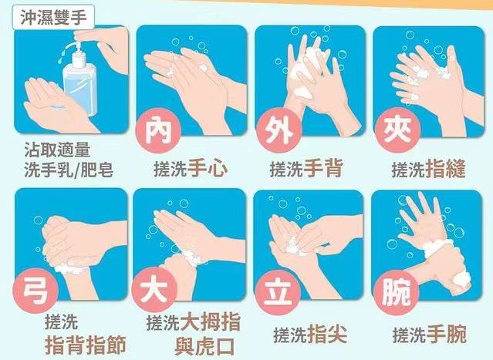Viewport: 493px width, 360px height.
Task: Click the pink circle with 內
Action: click(158, 130)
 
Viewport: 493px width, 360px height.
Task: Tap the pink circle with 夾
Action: click(397, 130)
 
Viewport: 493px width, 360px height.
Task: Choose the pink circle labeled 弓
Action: click(35, 291)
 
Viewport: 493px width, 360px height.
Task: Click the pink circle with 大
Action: click(154, 291)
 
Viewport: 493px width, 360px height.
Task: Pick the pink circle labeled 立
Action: click(277, 292)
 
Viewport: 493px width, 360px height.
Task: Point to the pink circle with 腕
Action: click(396, 292)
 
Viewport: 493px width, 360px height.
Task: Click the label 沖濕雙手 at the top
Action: click(53, 17)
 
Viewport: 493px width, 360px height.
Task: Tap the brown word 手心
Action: click(208, 169)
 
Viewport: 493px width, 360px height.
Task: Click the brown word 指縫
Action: click(445, 169)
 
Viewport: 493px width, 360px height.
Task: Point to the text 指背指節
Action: click(86, 345)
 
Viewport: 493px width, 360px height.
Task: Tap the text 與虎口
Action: click(204, 346)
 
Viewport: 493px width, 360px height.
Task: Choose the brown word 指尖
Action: click(327, 335)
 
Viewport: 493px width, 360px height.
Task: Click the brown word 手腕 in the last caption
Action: click(445, 335)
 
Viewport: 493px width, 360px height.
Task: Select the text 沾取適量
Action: click(57, 150)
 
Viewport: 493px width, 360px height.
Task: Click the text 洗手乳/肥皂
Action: click(69, 170)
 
